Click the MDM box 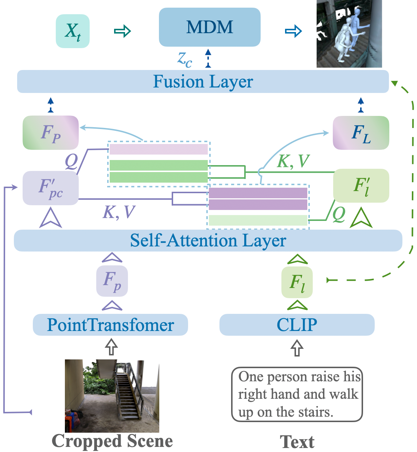tap(210, 27)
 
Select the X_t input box tap(73, 31)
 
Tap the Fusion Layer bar tap(203, 82)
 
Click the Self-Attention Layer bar tap(208, 241)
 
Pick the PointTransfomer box tap(110, 325)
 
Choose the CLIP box tap(297, 325)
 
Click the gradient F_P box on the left tap(51, 133)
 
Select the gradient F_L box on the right tap(361, 133)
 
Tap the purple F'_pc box tap(51, 188)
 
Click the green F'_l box tap(361, 186)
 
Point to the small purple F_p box tap(112, 281)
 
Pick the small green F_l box tap(297, 282)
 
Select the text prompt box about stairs tap(297, 394)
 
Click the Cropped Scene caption tap(112, 441)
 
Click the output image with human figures tap(349, 34)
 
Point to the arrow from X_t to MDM tap(122, 31)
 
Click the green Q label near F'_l tap(339, 214)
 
